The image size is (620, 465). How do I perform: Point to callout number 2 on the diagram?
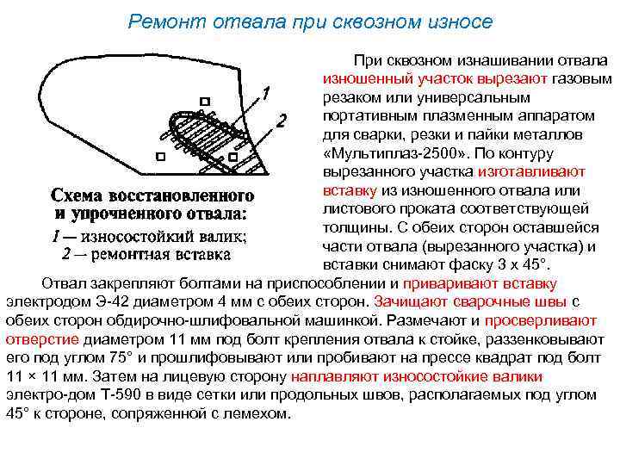click(x=281, y=121)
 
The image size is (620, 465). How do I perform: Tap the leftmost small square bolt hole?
click(x=160, y=157)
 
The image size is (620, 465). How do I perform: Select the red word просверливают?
click(x=542, y=319)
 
